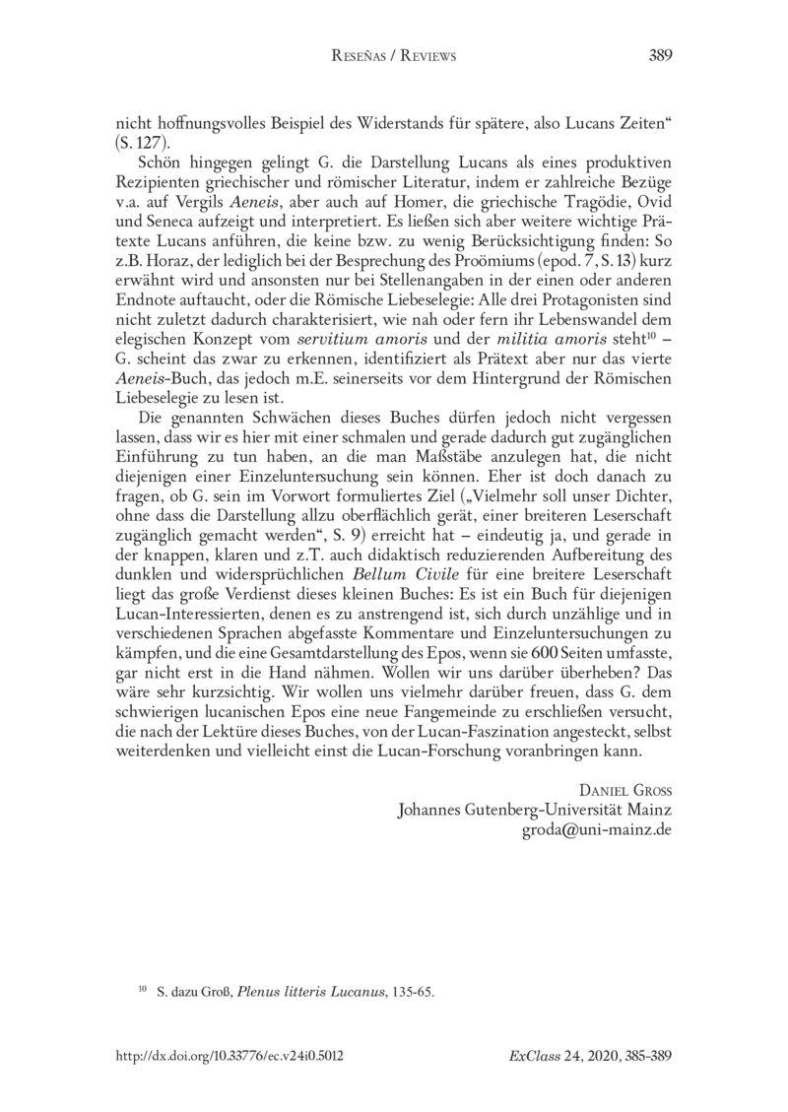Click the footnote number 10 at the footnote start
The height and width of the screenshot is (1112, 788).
(x=140, y=990)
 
